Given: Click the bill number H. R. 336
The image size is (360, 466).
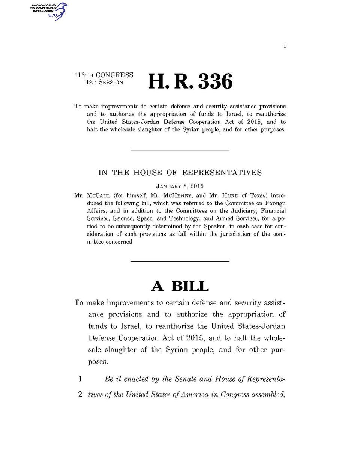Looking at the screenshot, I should coord(190,81).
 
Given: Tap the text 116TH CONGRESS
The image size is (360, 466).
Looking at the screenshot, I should coord(104,75).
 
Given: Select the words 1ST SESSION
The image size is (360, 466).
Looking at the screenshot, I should coord(104,83).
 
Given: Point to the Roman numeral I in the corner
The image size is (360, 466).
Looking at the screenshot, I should coord(285,46).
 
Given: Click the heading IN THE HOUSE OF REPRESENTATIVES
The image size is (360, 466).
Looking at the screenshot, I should coord(180,173).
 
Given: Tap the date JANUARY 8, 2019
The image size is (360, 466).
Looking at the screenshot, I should coord(180,186).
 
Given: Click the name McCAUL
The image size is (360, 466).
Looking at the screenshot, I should coord(99,195).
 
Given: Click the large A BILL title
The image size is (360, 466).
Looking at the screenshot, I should coord(180,286).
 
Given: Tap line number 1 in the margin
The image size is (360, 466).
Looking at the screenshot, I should coord(80,379).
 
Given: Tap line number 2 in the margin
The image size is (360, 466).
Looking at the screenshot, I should coord(80,394).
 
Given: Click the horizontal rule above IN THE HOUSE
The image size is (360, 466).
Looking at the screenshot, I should coord(180,150).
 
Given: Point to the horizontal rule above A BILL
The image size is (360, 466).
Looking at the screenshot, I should coord(180,261).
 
